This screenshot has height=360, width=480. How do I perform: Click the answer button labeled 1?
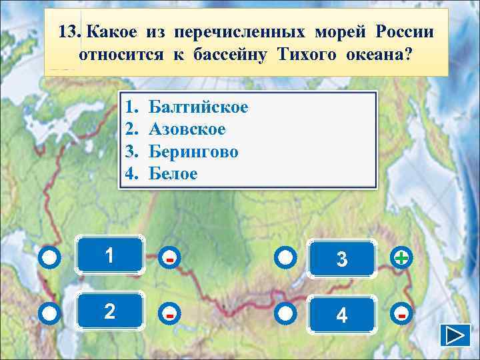tap(110, 255)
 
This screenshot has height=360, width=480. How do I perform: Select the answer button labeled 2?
tap(110, 311)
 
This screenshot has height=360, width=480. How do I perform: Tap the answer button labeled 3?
tap(341, 257)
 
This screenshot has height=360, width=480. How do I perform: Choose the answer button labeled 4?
tap(341, 313)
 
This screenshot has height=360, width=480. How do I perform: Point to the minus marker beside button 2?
tap(171, 313)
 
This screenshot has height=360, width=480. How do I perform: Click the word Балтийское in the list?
tap(198, 107)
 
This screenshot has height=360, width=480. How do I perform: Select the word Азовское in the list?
tap(187, 129)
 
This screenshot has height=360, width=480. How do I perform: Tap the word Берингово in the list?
tap(193, 151)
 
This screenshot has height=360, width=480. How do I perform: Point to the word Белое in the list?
tap(173, 173)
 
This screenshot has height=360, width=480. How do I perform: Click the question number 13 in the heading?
tap(69, 31)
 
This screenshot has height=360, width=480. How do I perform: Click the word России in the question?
tap(405, 31)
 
